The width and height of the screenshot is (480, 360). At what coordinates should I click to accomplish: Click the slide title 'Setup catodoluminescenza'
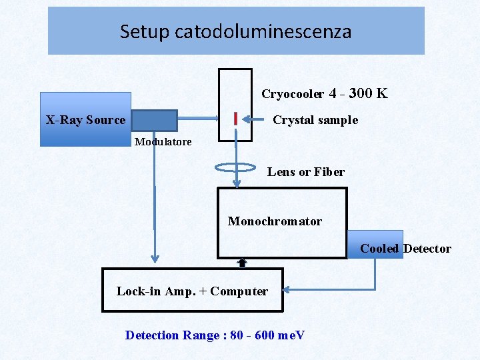(x=235, y=31)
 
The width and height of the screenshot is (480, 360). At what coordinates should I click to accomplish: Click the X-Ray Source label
(x=85, y=120)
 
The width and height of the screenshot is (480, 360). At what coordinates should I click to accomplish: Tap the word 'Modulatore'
(x=163, y=141)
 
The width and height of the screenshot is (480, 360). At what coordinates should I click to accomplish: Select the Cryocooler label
(x=293, y=94)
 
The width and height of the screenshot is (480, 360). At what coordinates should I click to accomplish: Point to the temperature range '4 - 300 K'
(x=358, y=93)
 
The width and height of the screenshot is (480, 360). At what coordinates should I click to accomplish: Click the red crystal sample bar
(x=236, y=119)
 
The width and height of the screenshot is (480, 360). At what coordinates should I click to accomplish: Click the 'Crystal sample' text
(x=315, y=120)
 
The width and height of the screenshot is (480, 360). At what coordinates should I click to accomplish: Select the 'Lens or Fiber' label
(x=306, y=172)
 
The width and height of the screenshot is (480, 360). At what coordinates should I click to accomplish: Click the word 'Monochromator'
(x=275, y=221)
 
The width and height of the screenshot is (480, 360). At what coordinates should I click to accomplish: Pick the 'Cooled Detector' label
(x=405, y=249)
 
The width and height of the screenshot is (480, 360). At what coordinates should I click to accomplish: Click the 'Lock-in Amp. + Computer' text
(x=192, y=291)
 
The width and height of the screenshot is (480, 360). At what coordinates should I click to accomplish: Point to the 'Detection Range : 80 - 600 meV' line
(x=215, y=335)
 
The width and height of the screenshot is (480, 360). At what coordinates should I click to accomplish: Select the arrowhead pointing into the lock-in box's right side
(x=287, y=290)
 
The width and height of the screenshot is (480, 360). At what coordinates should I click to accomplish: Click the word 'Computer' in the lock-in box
(x=243, y=291)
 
